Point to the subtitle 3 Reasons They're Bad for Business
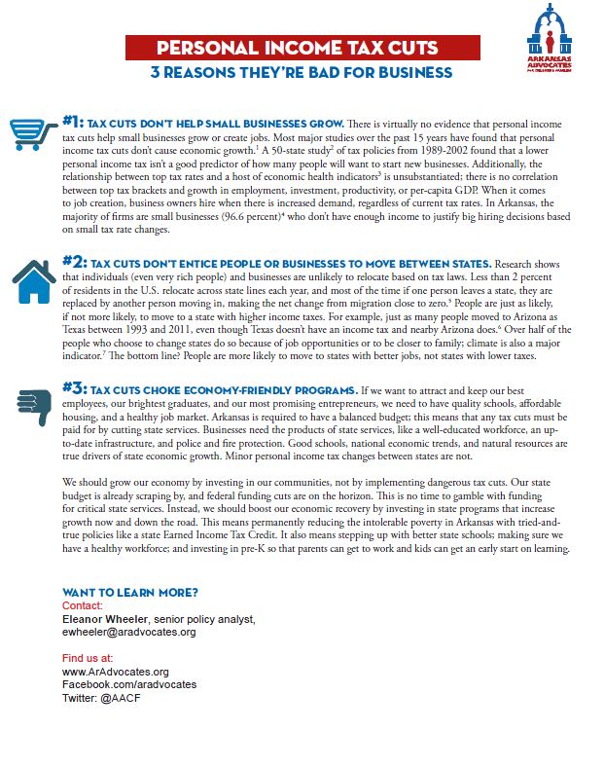[x=301, y=73]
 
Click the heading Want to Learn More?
[x=129, y=593]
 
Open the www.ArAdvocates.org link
[x=115, y=672]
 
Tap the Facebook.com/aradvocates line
[x=128, y=684]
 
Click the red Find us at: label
[x=88, y=659]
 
